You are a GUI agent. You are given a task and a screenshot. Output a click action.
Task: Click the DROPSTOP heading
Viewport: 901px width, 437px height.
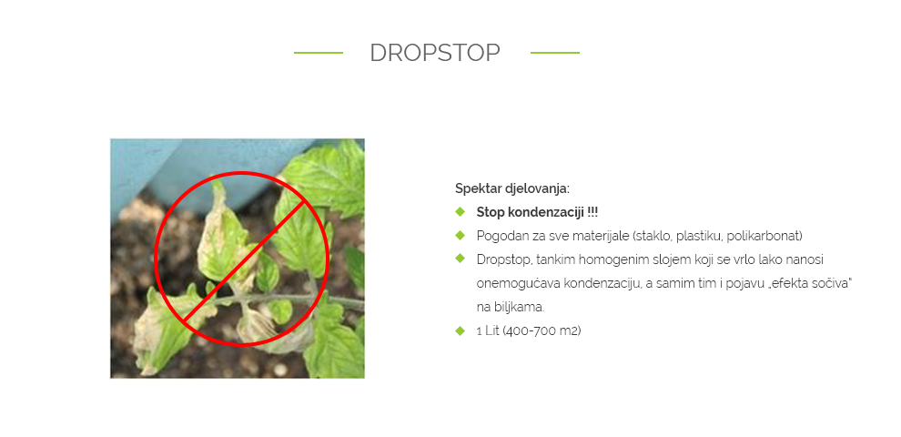tap(435, 53)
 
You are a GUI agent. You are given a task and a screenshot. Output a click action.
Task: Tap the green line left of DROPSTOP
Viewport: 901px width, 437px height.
tap(319, 53)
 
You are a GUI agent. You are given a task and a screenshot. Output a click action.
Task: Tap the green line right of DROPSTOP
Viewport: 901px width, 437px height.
tap(555, 53)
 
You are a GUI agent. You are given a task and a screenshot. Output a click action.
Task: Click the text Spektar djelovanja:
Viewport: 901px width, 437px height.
tap(512, 188)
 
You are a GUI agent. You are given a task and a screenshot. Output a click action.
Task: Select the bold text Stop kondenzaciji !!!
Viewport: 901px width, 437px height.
tap(537, 212)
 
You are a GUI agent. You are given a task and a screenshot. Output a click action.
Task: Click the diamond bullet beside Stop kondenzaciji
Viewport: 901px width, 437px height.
tap(460, 211)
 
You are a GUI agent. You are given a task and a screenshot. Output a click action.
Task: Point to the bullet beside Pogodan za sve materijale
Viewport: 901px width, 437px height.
tap(460, 235)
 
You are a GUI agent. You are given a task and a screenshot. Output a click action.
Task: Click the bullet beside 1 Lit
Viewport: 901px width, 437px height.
tap(460, 330)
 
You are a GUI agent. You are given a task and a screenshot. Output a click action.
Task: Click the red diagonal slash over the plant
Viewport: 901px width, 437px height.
tap(244, 259)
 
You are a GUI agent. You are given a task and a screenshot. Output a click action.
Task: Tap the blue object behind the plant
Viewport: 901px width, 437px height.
tap(184, 167)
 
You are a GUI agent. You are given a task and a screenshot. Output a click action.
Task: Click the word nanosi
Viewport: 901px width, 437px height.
tap(804, 259)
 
